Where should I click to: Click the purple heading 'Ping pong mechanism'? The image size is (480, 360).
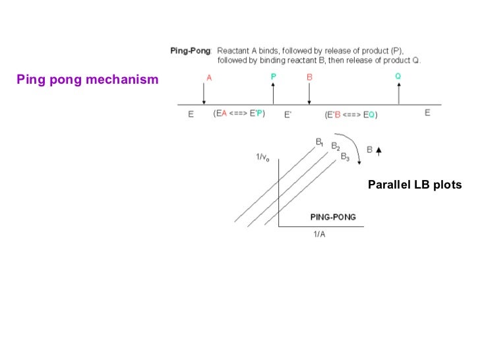tap(88, 80)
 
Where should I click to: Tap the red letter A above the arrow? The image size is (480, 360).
tap(209, 77)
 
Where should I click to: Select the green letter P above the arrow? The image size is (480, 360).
tap(273, 77)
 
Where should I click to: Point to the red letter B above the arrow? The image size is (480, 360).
tap(309, 77)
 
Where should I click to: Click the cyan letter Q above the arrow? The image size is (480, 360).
tap(398, 76)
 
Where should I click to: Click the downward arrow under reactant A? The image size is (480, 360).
tap(204, 94)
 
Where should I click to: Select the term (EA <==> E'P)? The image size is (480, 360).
tap(239, 114)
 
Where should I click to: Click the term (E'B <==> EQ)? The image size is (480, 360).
tap(351, 114)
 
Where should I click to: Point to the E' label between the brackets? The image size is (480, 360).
tap(288, 114)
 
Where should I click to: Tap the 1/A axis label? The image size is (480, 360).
tap(318, 235)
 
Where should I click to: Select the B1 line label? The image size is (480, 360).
tap(319, 141)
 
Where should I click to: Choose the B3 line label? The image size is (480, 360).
tap(345, 157)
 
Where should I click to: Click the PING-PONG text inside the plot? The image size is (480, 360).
tap(332, 218)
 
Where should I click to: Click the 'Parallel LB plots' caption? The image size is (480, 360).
tap(415, 185)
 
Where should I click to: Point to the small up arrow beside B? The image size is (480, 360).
tap(378, 150)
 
